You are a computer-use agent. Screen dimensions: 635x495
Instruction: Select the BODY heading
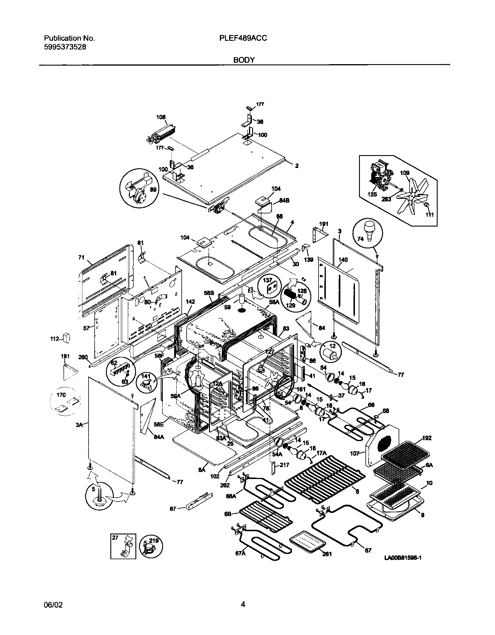coord(244,60)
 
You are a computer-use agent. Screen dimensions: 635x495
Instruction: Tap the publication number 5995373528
coord(65,47)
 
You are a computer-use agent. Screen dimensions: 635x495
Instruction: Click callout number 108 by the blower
coord(161,117)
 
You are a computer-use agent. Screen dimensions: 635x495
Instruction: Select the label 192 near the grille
coord(427,446)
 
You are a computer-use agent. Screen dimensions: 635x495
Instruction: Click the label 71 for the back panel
coord(81,257)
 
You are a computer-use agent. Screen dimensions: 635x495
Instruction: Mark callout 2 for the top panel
coord(297,166)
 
